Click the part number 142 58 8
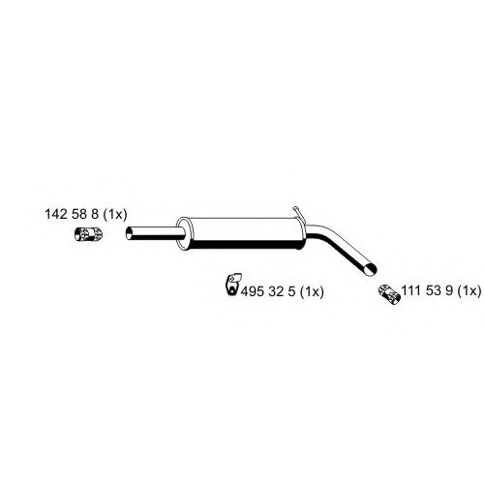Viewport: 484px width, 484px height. click(72, 214)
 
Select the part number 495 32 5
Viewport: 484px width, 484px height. click(268, 291)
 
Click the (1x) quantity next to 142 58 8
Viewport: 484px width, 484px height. click(115, 214)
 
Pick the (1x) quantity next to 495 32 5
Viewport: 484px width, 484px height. click(312, 292)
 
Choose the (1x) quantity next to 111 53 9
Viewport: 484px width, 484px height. click(469, 291)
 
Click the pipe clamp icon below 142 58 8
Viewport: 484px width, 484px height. click(88, 234)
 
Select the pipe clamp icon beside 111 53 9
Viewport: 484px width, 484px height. click(389, 294)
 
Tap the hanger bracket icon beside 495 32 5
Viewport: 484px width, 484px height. click(233, 284)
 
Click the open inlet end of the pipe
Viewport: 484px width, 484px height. click(129, 233)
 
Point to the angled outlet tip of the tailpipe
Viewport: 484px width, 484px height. click(371, 269)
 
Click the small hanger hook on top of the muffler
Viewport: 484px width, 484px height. click(297, 213)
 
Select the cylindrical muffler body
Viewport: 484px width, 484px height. click(242, 233)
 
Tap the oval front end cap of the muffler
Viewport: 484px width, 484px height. click(183, 233)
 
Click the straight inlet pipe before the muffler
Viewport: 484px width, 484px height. click(155, 233)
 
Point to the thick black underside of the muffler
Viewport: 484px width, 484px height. click(245, 245)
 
